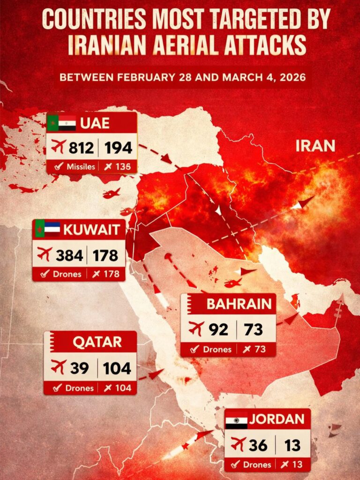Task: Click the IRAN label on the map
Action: click(x=315, y=146)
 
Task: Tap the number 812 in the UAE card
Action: click(x=82, y=148)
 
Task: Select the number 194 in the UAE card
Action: click(x=118, y=148)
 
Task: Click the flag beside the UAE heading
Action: click(x=61, y=123)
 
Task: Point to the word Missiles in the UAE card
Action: click(x=80, y=166)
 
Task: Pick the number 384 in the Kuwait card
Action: click(x=69, y=255)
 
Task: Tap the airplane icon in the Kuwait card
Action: click(x=45, y=255)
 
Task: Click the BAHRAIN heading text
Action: click(x=239, y=304)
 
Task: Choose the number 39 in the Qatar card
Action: click(x=79, y=368)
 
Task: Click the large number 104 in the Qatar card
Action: click(x=118, y=368)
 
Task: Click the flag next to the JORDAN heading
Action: click(x=236, y=420)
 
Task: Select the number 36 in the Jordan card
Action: click(x=258, y=444)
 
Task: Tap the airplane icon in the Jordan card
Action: click(x=238, y=443)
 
